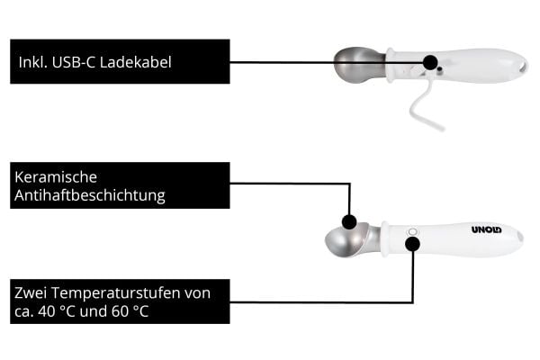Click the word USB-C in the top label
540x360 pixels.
[x=74, y=62]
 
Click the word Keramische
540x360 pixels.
[x=56, y=177]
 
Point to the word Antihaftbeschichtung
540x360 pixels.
[x=90, y=195]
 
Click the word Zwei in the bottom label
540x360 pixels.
[x=31, y=292]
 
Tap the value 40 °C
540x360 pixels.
[x=57, y=311]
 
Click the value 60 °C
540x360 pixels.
[x=130, y=311]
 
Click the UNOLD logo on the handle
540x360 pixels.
[x=487, y=229]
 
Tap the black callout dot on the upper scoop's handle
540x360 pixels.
[x=430, y=62]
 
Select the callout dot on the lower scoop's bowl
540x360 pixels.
[x=349, y=222]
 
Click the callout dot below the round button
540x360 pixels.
[x=412, y=244]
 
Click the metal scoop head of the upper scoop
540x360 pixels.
[x=359, y=65]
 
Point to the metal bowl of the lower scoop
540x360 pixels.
[x=347, y=239]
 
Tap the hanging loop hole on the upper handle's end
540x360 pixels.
[x=524, y=66]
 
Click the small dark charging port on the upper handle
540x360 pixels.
[x=439, y=69]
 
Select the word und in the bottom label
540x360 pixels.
[x=93, y=311]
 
